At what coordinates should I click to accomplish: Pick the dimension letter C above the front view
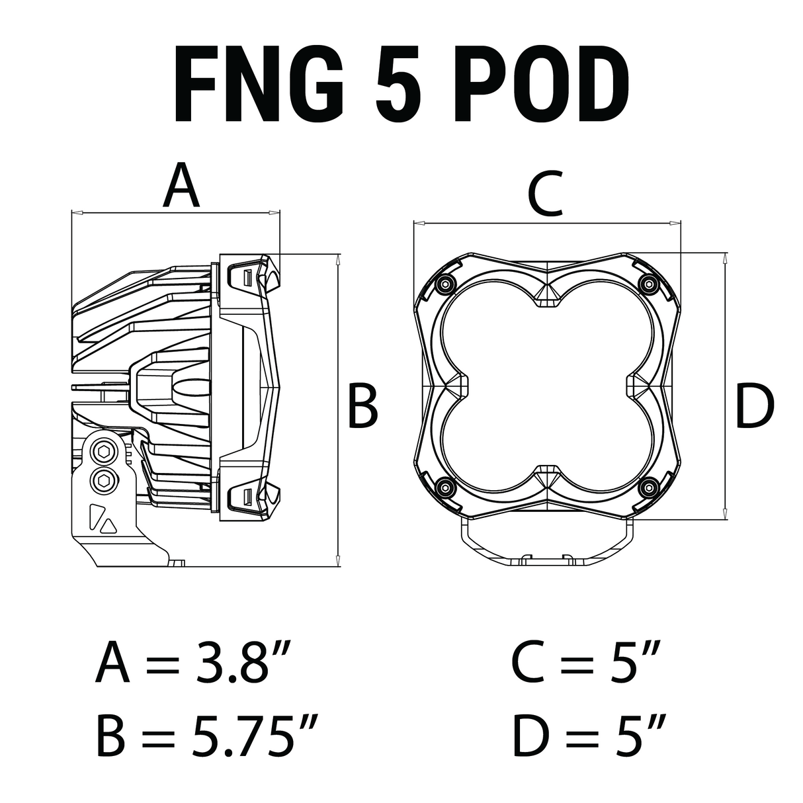coord(544,193)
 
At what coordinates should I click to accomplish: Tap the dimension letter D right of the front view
coord(754,407)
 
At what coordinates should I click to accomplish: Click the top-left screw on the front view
coord(444,284)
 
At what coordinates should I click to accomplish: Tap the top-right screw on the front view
coord(648,284)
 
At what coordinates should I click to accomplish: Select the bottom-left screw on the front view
coord(444,488)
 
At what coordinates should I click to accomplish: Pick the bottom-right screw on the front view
coord(648,488)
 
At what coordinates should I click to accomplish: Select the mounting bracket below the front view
coord(546,544)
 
